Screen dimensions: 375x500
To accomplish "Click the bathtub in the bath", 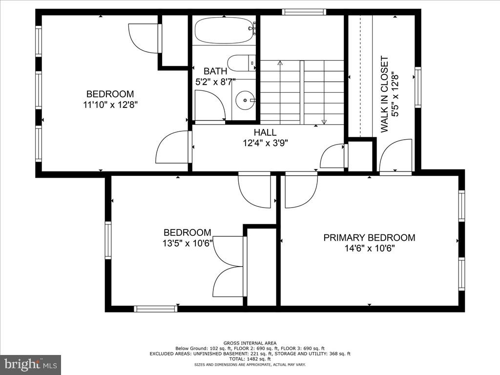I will tap(224, 31).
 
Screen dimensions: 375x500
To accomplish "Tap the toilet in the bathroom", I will tap(242, 62).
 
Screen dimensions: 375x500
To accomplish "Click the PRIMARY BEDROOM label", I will tap(369, 238).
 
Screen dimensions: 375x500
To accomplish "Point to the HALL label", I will tap(265, 132).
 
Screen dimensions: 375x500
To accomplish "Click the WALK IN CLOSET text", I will tap(385, 94).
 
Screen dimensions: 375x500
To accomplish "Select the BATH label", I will tap(215, 71).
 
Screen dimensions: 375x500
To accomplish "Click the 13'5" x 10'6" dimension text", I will tap(187, 243).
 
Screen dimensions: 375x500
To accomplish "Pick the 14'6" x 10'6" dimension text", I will tap(369, 249).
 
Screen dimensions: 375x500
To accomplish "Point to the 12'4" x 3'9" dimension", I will tap(265, 143).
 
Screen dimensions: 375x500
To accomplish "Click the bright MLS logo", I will tap(30, 364).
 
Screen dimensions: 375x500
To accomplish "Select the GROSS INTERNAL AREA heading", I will tap(250, 343).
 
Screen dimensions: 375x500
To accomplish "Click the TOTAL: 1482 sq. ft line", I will tap(250, 358).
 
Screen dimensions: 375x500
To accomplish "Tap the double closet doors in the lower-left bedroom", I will tap(229, 267).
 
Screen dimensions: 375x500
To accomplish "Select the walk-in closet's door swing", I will tap(396, 156).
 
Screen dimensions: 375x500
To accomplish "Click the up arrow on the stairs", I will tap(280, 63).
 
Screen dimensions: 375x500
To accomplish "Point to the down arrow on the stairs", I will tap(324, 121).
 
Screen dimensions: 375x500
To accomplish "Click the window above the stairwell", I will tap(304, 12).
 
